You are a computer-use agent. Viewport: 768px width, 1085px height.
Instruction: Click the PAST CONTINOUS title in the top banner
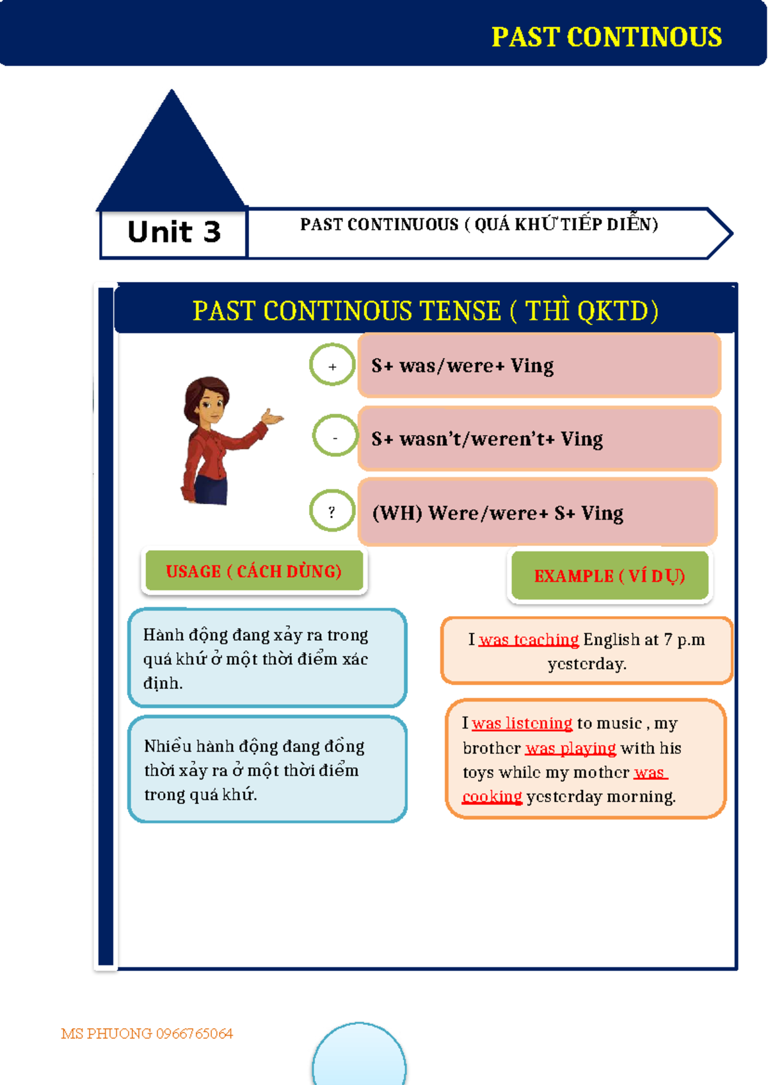pyautogui.click(x=606, y=37)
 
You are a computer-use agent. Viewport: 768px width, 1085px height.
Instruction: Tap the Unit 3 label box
pyautogui.click(x=174, y=233)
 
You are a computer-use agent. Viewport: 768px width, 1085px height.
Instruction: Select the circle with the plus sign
pyautogui.click(x=332, y=366)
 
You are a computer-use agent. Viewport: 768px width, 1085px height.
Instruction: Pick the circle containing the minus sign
pyautogui.click(x=335, y=437)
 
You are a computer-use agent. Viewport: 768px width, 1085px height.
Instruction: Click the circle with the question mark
pyautogui.click(x=332, y=511)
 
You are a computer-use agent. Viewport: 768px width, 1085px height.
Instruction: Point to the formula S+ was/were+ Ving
pyautogui.click(x=463, y=366)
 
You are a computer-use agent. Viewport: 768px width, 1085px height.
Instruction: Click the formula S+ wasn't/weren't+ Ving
pyautogui.click(x=487, y=439)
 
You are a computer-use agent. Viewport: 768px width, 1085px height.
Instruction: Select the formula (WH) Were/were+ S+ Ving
pyautogui.click(x=497, y=513)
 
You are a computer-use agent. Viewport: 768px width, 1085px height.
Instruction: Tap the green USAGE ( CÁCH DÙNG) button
pyautogui.click(x=254, y=571)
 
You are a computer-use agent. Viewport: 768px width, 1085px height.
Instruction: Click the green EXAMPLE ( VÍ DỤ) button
pyautogui.click(x=609, y=576)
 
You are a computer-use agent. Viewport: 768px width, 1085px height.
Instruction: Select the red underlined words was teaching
pyautogui.click(x=529, y=640)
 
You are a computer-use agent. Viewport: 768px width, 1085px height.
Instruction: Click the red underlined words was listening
pyautogui.click(x=522, y=724)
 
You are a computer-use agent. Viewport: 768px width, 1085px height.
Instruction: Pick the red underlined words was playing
pyautogui.click(x=570, y=748)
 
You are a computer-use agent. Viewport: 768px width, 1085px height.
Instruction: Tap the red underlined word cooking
pyautogui.click(x=492, y=796)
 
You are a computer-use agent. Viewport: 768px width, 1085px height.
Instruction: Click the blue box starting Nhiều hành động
pyautogui.click(x=268, y=770)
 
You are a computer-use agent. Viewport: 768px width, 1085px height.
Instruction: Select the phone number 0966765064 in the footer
pyautogui.click(x=194, y=1034)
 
